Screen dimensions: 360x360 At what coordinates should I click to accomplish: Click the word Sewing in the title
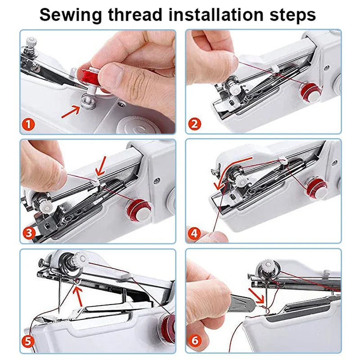click(x=71, y=14)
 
